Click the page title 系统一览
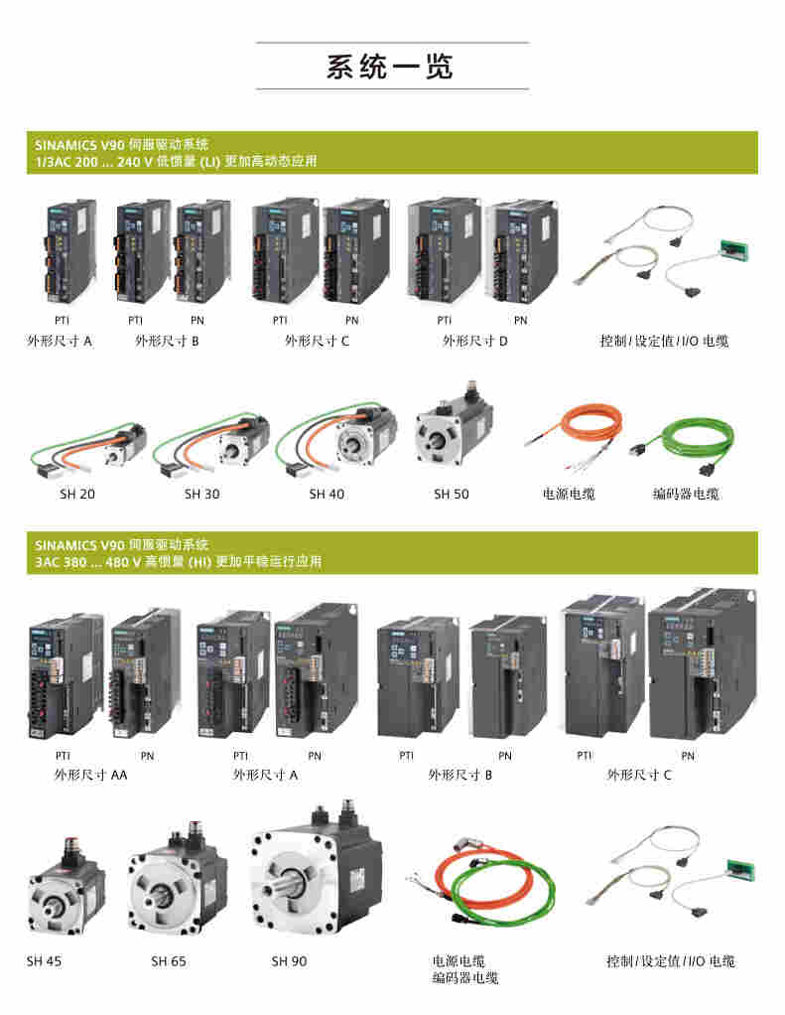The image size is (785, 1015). point(390,67)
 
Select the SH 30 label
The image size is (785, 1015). point(201,494)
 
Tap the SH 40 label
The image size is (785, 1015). point(327,494)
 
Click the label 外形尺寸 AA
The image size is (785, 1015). point(90,775)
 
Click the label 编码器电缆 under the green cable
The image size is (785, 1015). point(686,494)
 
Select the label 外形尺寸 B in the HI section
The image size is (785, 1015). point(460,775)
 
